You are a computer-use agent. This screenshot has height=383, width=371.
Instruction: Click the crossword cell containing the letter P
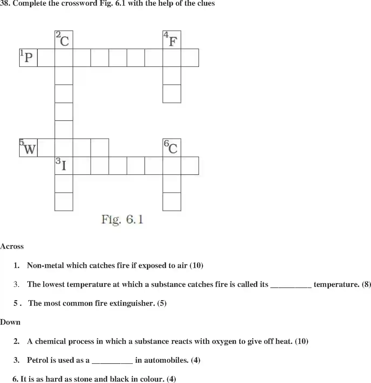click(28, 57)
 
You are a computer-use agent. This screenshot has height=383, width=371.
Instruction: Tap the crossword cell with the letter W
click(28, 148)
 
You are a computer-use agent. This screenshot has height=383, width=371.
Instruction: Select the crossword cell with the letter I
click(64, 165)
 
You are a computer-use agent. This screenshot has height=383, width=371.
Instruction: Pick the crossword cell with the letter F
click(172, 40)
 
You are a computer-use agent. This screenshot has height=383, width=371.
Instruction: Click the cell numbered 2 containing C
click(64, 40)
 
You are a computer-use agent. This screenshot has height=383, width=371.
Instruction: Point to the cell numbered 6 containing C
click(172, 148)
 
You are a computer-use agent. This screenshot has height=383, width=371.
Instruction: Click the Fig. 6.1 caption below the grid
click(122, 219)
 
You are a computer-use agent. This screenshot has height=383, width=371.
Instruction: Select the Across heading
click(12, 246)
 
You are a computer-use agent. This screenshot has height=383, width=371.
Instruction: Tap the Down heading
click(10, 322)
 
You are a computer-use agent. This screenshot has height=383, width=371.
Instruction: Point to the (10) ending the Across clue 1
click(196, 265)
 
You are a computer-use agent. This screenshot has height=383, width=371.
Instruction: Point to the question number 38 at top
click(5, 4)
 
